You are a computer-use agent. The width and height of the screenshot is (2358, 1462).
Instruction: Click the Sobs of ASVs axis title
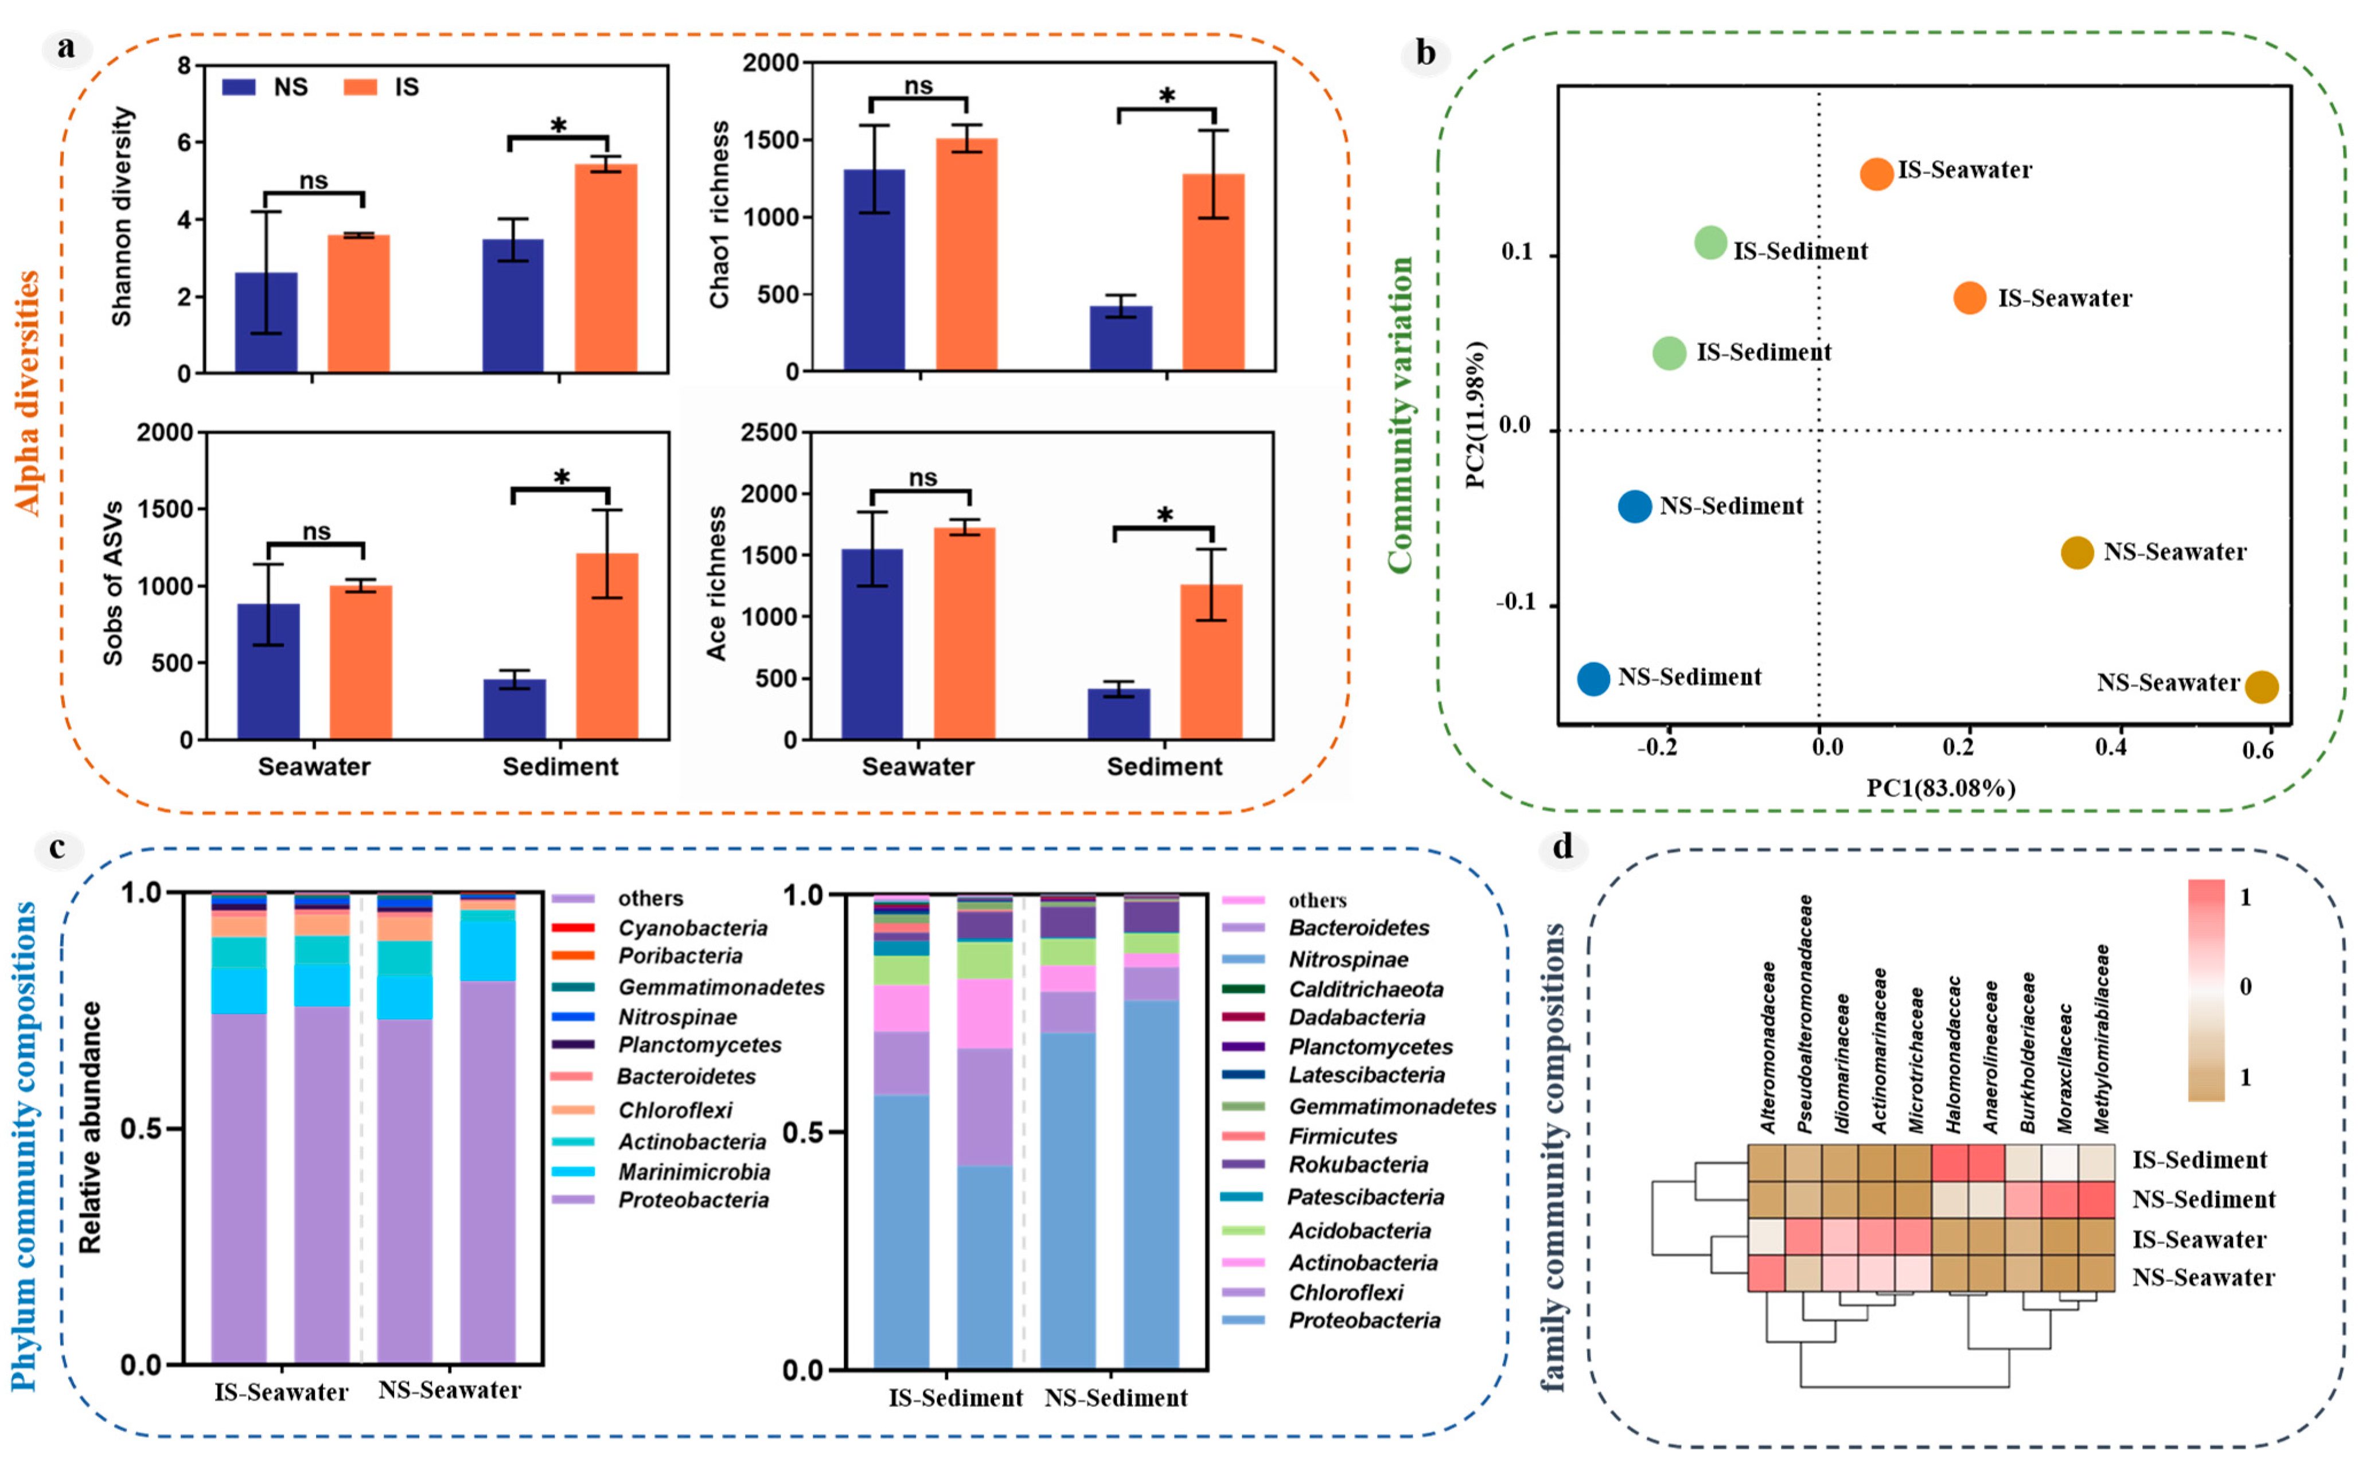click(113, 583)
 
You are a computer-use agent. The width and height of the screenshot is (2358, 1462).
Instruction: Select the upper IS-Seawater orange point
click(1877, 174)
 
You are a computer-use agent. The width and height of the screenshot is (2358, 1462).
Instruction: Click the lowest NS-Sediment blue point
click(1593, 679)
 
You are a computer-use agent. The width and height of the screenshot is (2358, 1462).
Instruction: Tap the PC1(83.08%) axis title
click(1940, 788)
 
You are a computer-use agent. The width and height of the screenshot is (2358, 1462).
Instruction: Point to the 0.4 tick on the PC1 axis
click(2111, 747)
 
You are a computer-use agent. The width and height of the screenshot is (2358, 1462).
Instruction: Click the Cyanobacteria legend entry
click(692, 928)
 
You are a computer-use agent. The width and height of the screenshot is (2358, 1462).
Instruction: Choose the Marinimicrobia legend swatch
click(572, 1172)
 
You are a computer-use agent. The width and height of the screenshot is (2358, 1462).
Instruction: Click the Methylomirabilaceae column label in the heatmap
click(2102, 1039)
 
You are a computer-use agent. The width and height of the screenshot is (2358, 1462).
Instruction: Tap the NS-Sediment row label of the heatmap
click(2203, 1200)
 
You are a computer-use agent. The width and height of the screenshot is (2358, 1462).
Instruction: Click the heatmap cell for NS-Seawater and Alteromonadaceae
click(1765, 1273)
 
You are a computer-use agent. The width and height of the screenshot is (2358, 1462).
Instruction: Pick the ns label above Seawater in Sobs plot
click(316, 532)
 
